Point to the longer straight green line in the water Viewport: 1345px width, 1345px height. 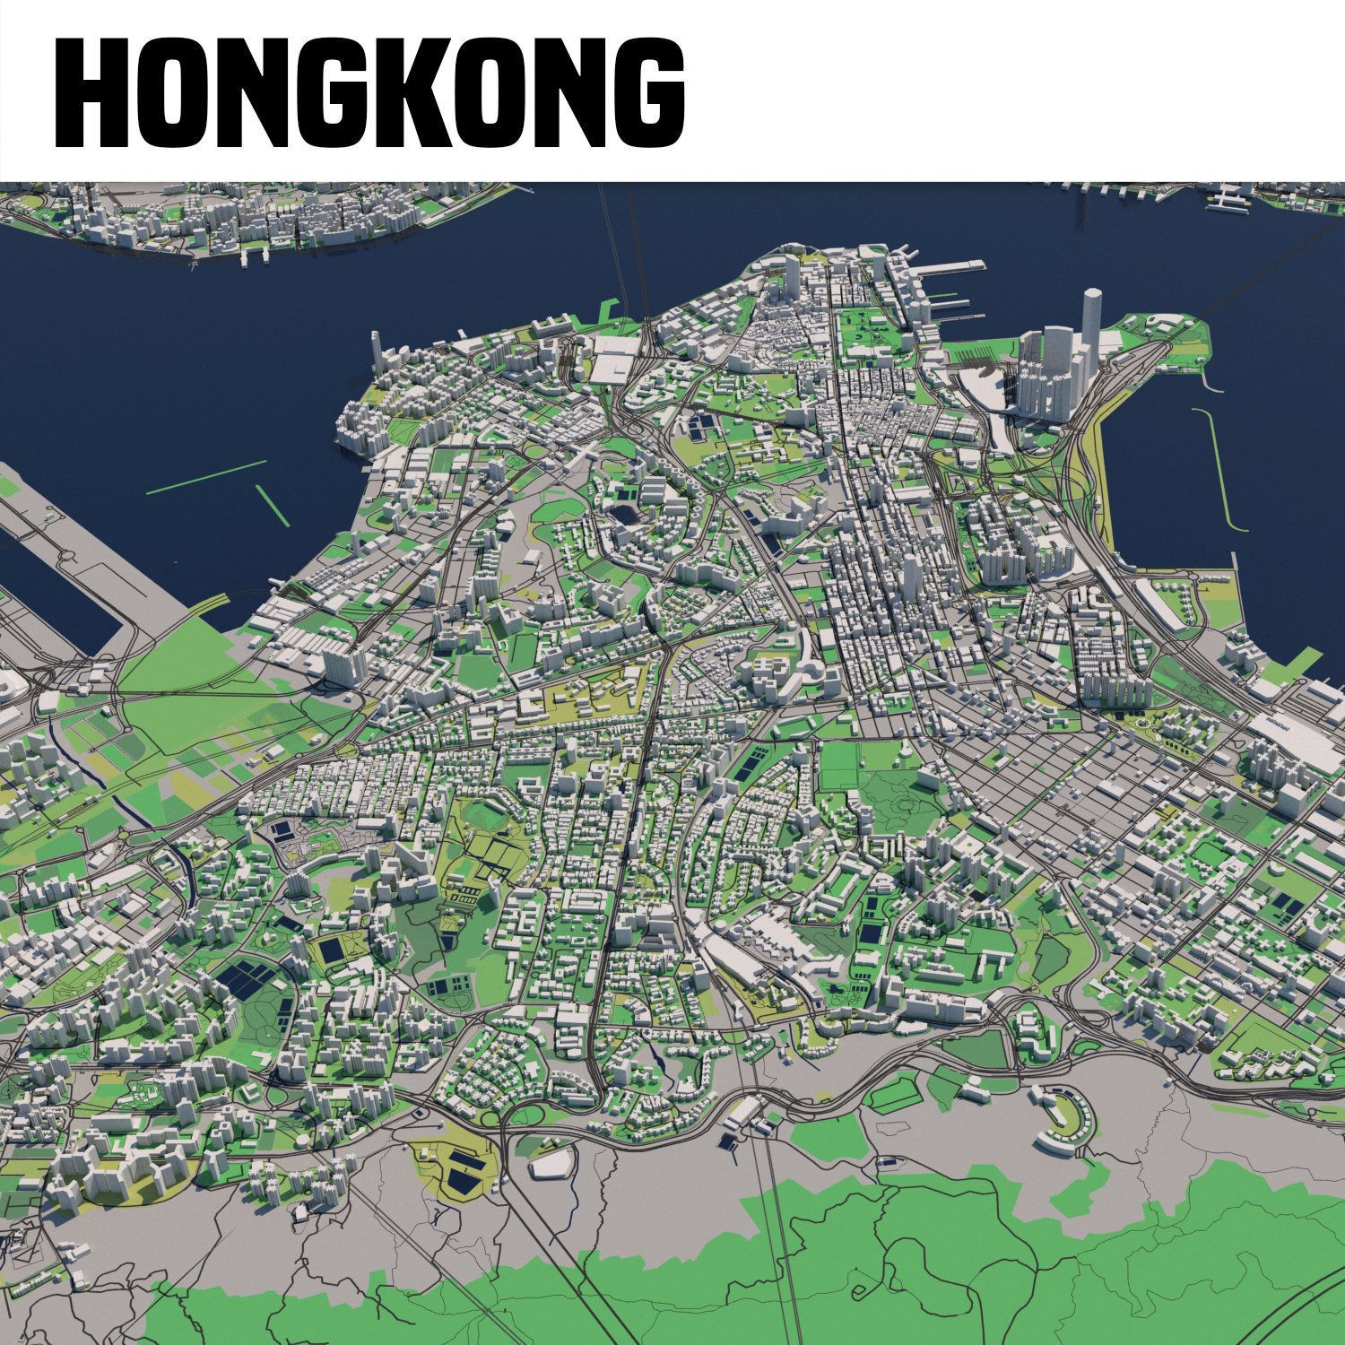click(206, 477)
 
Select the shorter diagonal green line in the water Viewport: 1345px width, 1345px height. click(273, 508)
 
